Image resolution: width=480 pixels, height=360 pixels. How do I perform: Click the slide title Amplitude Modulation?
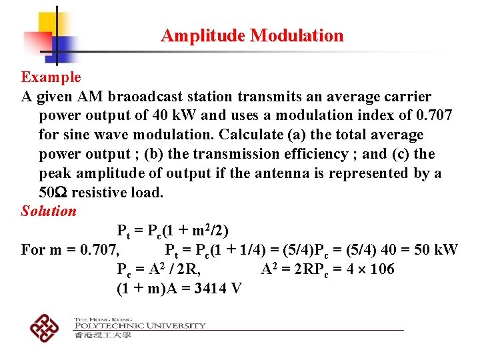click(x=252, y=35)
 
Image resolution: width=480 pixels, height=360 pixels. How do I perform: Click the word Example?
click(x=51, y=77)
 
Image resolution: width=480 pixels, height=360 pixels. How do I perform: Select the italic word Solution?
click(x=49, y=211)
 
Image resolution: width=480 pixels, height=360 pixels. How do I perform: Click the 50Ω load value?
click(x=52, y=193)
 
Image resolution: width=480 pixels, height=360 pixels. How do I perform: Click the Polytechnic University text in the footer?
click(x=139, y=325)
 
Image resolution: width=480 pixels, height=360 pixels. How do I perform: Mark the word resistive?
click(x=101, y=193)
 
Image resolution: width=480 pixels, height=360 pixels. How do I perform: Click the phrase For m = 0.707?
click(x=70, y=250)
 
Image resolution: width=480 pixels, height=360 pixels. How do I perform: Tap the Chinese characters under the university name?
click(x=103, y=335)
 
